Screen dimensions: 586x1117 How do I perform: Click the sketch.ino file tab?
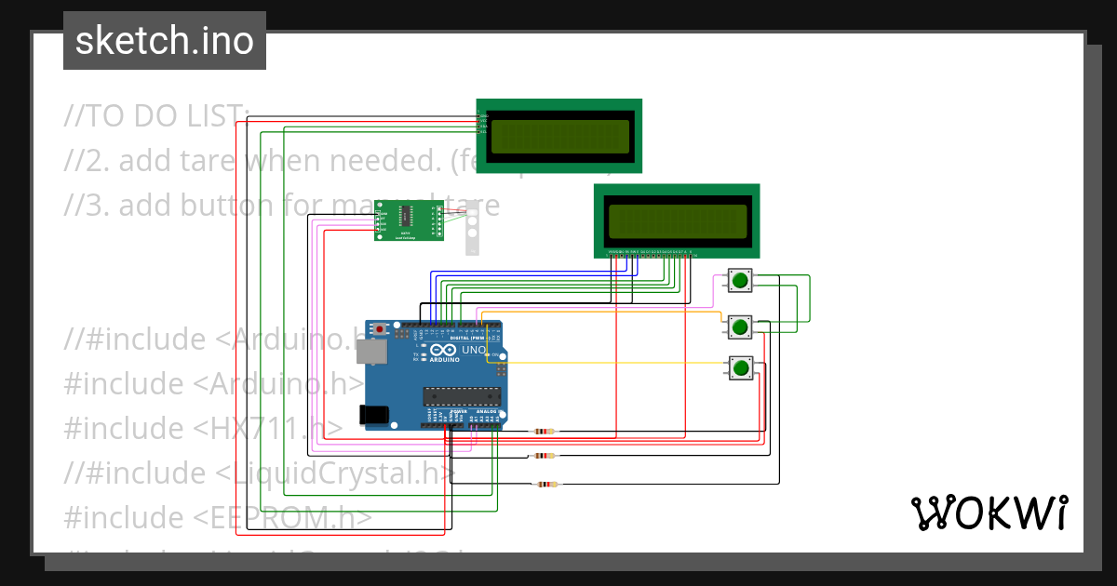(165, 41)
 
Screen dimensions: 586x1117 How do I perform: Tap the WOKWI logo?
(989, 513)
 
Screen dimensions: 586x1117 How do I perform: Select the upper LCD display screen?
(558, 136)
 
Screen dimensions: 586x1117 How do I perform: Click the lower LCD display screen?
(677, 221)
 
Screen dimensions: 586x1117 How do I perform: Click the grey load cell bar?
(473, 228)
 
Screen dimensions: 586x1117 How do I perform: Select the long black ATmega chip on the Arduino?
(462, 395)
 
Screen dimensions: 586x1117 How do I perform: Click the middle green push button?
(740, 326)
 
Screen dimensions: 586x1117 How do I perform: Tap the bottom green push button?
(740, 368)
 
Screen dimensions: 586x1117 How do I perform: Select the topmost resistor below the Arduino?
(545, 432)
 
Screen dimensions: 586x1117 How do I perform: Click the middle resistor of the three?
(545, 456)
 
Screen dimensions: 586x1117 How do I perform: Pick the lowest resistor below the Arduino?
(546, 484)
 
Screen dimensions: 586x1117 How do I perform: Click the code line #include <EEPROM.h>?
(218, 517)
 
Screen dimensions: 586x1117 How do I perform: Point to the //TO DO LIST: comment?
(156, 116)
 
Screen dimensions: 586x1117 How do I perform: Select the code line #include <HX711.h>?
(203, 428)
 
